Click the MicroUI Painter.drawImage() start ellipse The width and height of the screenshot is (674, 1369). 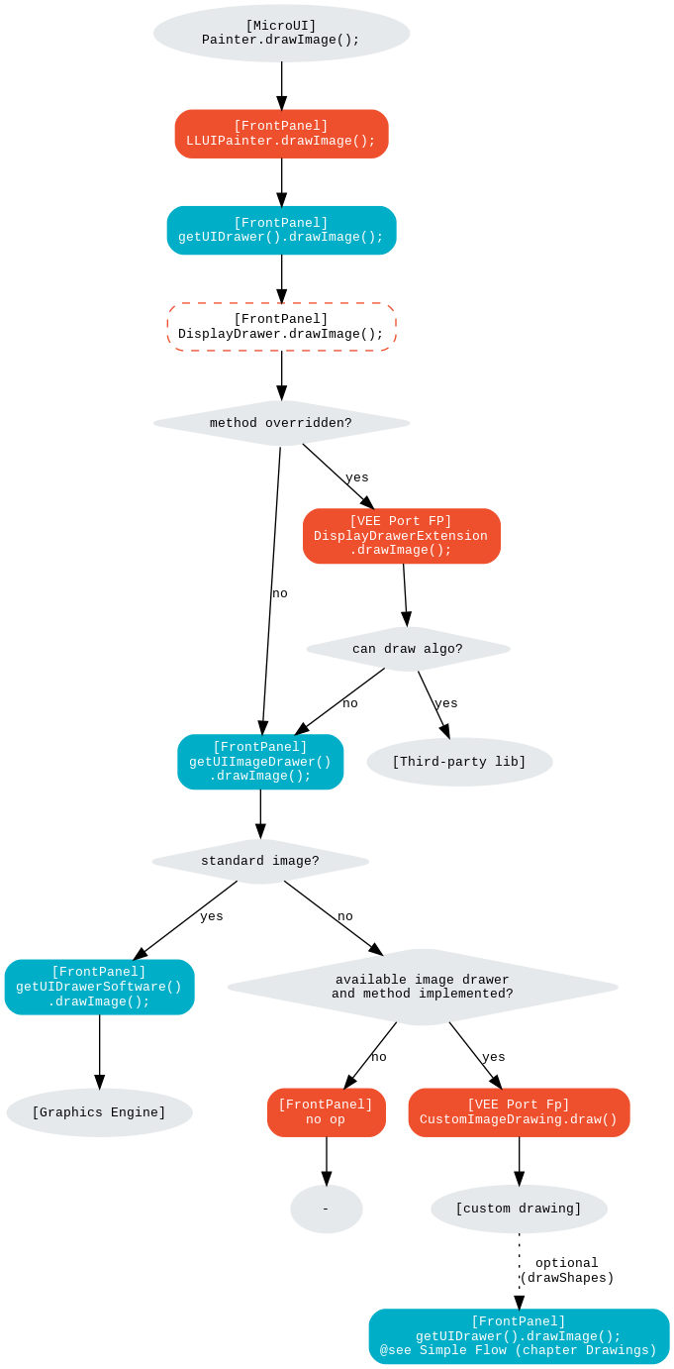click(281, 33)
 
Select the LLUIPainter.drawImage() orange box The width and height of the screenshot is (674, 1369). click(281, 134)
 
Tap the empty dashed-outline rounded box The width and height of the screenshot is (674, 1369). click(281, 327)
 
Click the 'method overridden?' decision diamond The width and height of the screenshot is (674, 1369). click(281, 423)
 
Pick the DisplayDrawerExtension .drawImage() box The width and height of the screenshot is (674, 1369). click(401, 536)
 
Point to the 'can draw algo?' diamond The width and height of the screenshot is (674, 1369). click(408, 649)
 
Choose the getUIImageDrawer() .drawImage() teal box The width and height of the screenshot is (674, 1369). click(260, 762)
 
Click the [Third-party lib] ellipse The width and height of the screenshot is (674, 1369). click(459, 762)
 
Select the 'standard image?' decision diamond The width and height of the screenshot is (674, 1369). click(260, 861)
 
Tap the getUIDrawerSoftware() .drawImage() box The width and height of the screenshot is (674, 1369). click(99, 987)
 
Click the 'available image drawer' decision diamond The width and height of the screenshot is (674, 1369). click(423, 987)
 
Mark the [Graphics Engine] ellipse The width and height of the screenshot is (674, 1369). click(99, 1112)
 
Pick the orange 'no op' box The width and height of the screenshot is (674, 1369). click(326, 1112)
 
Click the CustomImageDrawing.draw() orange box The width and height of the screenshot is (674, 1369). click(519, 1112)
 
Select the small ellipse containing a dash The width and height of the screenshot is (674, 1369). click(326, 1209)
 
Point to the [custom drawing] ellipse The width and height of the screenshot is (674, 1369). click(519, 1209)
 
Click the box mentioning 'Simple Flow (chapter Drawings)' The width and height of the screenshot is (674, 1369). click(519, 1336)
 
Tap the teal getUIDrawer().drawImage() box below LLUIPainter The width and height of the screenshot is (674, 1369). click(281, 230)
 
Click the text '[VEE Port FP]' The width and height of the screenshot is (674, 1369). click(401, 521)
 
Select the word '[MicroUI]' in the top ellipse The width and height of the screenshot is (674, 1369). click(281, 25)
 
